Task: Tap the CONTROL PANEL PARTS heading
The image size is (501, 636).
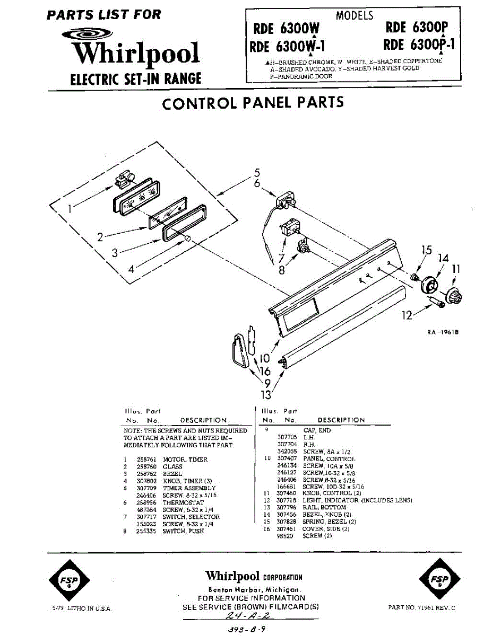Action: (253, 103)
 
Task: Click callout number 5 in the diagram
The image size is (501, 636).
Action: (257, 172)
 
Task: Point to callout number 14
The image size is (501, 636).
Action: (444, 258)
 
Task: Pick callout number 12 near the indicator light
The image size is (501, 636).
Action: (407, 316)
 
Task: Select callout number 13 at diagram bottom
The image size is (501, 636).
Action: (265, 394)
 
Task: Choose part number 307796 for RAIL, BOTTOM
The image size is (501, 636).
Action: (286, 507)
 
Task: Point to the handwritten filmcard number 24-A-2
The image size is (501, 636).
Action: (248, 616)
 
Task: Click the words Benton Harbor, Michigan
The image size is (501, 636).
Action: (255, 590)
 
